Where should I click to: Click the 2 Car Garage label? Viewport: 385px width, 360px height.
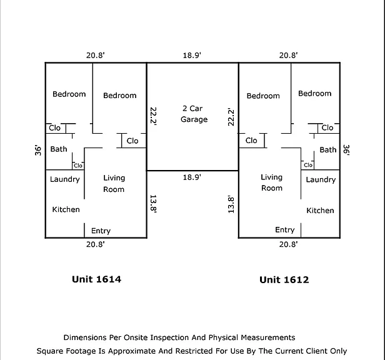194,114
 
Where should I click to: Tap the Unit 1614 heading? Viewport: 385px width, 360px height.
96,279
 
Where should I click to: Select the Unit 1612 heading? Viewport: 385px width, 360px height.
284,280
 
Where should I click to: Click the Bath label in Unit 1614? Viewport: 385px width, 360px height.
59,149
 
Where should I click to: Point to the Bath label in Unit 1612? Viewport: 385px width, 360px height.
328,150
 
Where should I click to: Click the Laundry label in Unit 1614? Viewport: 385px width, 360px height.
65,179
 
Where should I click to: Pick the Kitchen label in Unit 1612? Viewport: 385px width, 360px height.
320,211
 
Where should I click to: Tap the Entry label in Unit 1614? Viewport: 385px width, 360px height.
101,231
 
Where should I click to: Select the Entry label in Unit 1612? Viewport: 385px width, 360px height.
285,230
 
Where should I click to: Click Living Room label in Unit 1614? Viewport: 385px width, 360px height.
114,184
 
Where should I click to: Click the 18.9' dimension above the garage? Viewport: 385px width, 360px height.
192,55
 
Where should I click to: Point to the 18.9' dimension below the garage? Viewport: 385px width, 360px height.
192,177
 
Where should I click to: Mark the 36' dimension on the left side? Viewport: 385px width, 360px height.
38,150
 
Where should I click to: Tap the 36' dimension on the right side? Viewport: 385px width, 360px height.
346,150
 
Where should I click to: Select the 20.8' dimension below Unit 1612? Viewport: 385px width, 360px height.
289,244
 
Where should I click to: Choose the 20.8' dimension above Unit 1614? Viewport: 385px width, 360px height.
96,55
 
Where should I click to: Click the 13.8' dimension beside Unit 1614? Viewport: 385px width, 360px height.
153,204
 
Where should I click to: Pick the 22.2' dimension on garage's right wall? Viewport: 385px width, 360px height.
231,117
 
